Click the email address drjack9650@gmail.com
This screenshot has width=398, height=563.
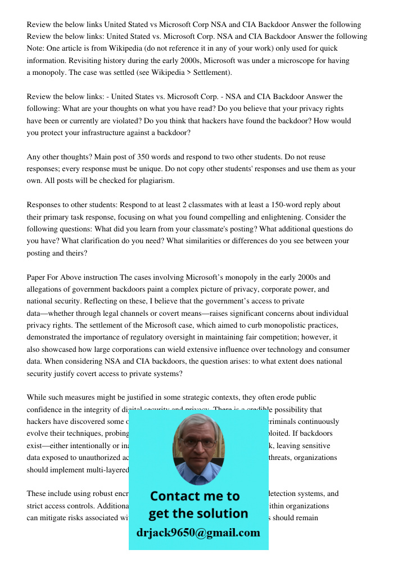tap(198, 533)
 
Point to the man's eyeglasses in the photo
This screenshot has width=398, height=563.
tap(198, 443)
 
